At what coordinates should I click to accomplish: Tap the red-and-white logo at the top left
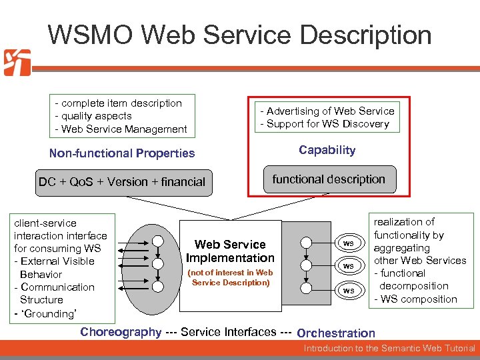(17, 63)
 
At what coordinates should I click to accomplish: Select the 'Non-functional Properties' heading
(122, 153)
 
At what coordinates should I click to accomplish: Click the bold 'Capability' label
(327, 150)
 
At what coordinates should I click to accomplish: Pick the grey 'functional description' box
(329, 179)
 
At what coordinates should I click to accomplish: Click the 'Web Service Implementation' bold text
(230, 251)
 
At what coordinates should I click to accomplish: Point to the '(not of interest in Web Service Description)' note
(230, 277)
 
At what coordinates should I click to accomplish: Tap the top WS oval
(348, 243)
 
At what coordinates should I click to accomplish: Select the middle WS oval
(348, 266)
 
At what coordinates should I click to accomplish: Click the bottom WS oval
(348, 290)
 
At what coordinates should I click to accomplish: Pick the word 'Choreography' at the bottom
(121, 332)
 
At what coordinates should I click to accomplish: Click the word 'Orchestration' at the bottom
(336, 333)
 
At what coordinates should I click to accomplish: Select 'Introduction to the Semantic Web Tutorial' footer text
(389, 349)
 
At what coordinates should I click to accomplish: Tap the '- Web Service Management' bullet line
(121, 129)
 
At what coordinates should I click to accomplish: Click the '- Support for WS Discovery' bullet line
(325, 124)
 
